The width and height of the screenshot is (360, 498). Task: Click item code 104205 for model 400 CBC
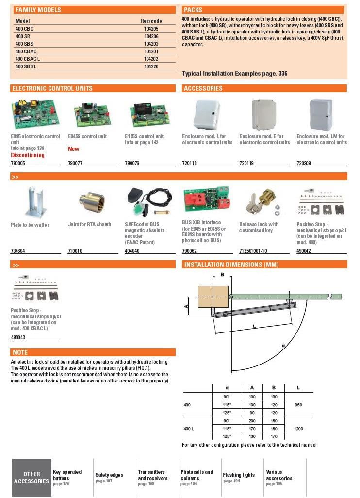coord(151,29)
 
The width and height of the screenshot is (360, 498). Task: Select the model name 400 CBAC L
coord(28,59)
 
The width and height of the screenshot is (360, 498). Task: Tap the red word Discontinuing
coord(28,155)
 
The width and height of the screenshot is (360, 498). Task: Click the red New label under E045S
coord(73,149)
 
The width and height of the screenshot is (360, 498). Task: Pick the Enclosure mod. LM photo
coord(321,114)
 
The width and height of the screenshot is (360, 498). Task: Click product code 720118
coord(190,164)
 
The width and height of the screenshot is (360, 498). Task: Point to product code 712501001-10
coord(253,251)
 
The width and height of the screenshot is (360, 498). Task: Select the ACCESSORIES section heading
coord(203,88)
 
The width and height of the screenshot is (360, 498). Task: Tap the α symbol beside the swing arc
coord(283,345)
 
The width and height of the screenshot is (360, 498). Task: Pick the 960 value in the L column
coord(298,404)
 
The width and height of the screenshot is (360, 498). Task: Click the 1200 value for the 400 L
coord(298,429)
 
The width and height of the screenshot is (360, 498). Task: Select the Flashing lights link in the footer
coord(239,475)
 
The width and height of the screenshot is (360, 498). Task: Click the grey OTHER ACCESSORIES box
coord(32,478)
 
